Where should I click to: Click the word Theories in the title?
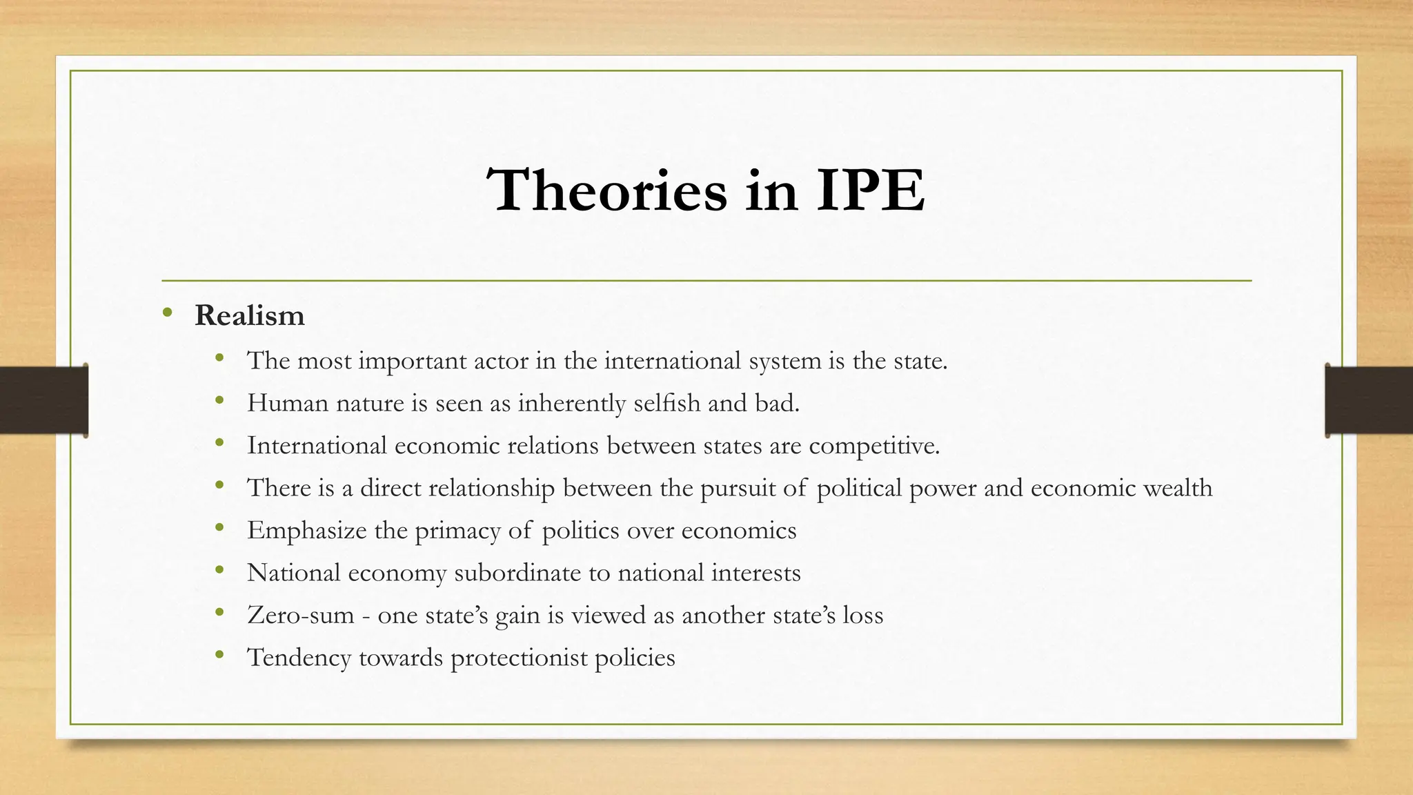point(606,190)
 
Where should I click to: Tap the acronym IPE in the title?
point(870,190)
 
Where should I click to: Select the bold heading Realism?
point(250,315)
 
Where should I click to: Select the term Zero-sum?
point(301,615)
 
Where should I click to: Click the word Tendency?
point(299,658)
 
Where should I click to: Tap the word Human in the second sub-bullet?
point(288,403)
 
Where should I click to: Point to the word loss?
point(862,615)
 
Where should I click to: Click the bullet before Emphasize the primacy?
point(219,529)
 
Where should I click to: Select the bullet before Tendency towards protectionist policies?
point(219,656)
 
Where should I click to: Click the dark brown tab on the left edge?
point(43,400)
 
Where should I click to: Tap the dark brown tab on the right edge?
point(1369,400)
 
